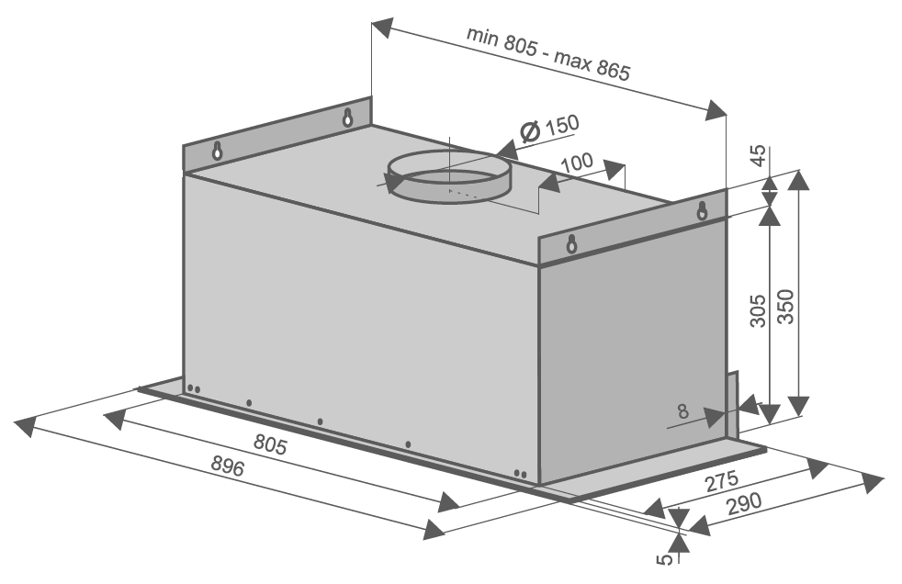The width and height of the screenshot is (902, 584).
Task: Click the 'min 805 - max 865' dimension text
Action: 548,53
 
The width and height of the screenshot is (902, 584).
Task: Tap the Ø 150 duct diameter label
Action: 549,128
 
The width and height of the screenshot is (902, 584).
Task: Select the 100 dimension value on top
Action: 577,163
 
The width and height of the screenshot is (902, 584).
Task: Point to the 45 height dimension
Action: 759,155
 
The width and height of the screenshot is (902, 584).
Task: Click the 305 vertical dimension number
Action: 759,311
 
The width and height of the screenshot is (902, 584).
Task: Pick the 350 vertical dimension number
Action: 785,307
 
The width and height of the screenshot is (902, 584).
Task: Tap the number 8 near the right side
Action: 682,411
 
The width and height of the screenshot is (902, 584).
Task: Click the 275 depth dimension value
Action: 721,482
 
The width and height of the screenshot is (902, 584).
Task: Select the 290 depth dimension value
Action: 744,504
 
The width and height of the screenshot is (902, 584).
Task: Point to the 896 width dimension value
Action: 227,465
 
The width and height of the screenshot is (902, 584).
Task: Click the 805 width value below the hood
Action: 270,444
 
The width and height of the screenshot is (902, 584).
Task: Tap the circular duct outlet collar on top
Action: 448,175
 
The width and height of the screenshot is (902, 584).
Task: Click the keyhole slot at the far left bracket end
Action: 217,151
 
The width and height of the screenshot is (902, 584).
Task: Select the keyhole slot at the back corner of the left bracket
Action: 347,118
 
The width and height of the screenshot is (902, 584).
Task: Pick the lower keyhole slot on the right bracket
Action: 571,243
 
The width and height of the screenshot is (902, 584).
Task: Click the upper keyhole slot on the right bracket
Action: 701,211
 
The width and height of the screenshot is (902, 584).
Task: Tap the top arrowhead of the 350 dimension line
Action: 798,181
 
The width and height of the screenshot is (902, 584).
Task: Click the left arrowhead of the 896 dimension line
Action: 24,426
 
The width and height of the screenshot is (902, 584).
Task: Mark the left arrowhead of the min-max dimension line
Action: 382,28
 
